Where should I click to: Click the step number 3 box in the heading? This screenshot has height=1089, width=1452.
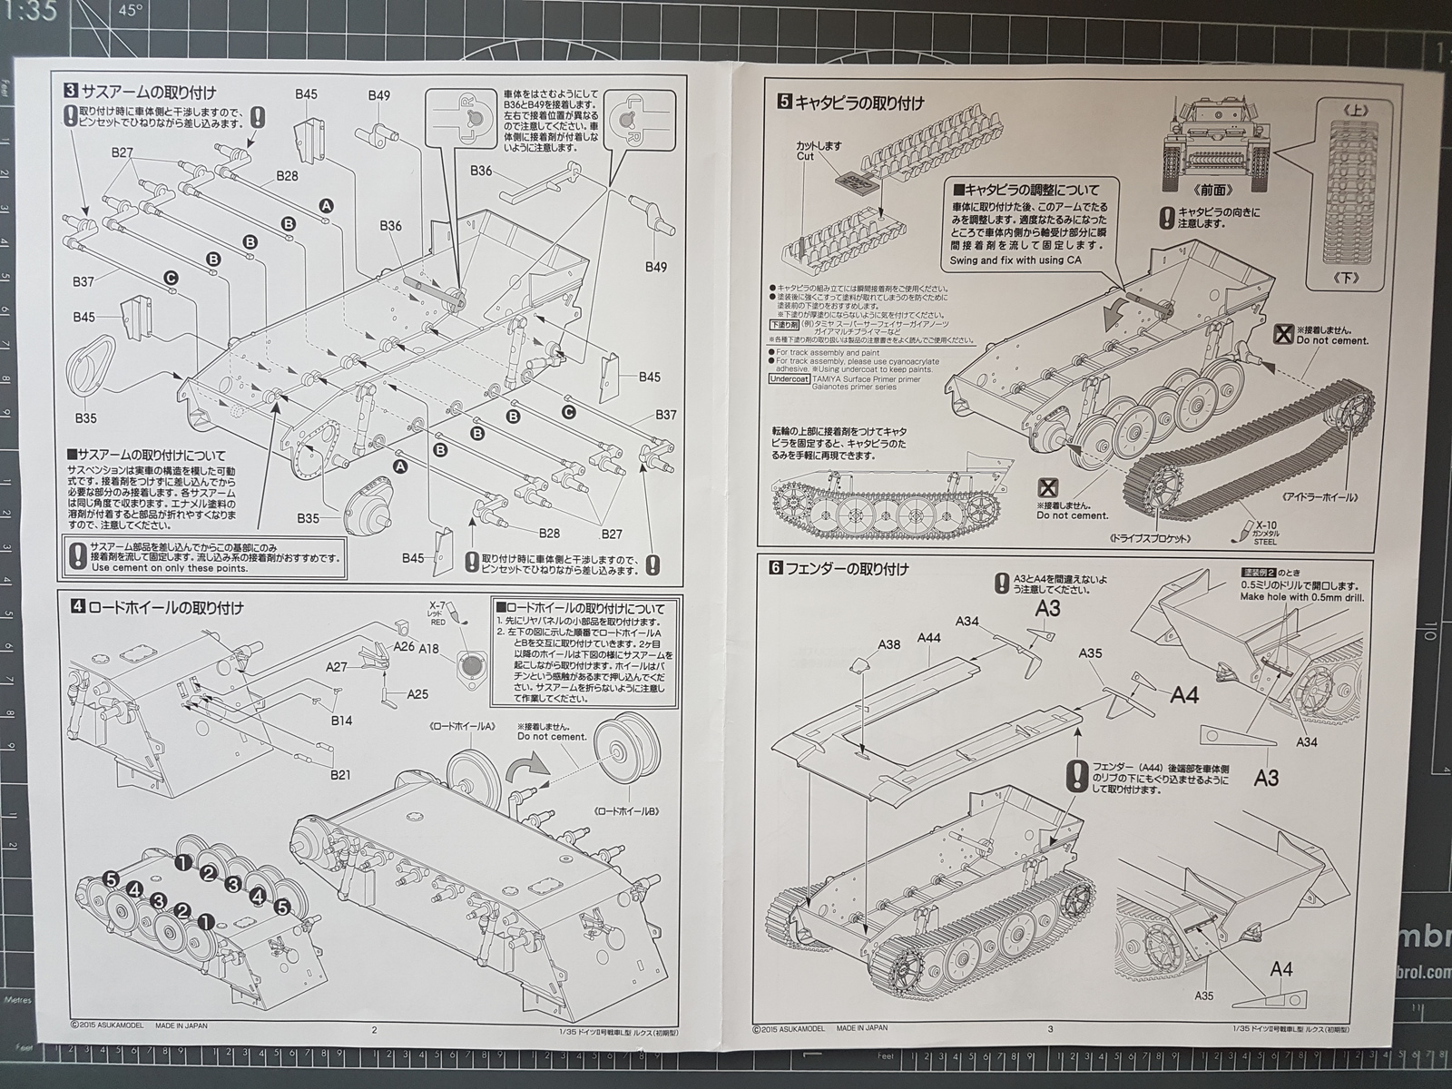pos(70,91)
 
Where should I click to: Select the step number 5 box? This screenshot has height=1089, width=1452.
pos(784,103)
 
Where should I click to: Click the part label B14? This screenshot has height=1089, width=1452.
pos(341,721)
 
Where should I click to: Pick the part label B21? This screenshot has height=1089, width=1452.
pos(340,775)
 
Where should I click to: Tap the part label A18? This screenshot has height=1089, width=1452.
pos(429,648)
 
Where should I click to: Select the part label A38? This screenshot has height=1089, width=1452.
pos(889,645)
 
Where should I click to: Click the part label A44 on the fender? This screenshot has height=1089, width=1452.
pos(928,638)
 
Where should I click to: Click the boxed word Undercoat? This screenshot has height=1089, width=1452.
pos(789,379)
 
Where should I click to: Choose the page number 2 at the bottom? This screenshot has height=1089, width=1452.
pos(374,1029)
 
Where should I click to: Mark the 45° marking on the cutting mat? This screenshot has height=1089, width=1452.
pos(132,12)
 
